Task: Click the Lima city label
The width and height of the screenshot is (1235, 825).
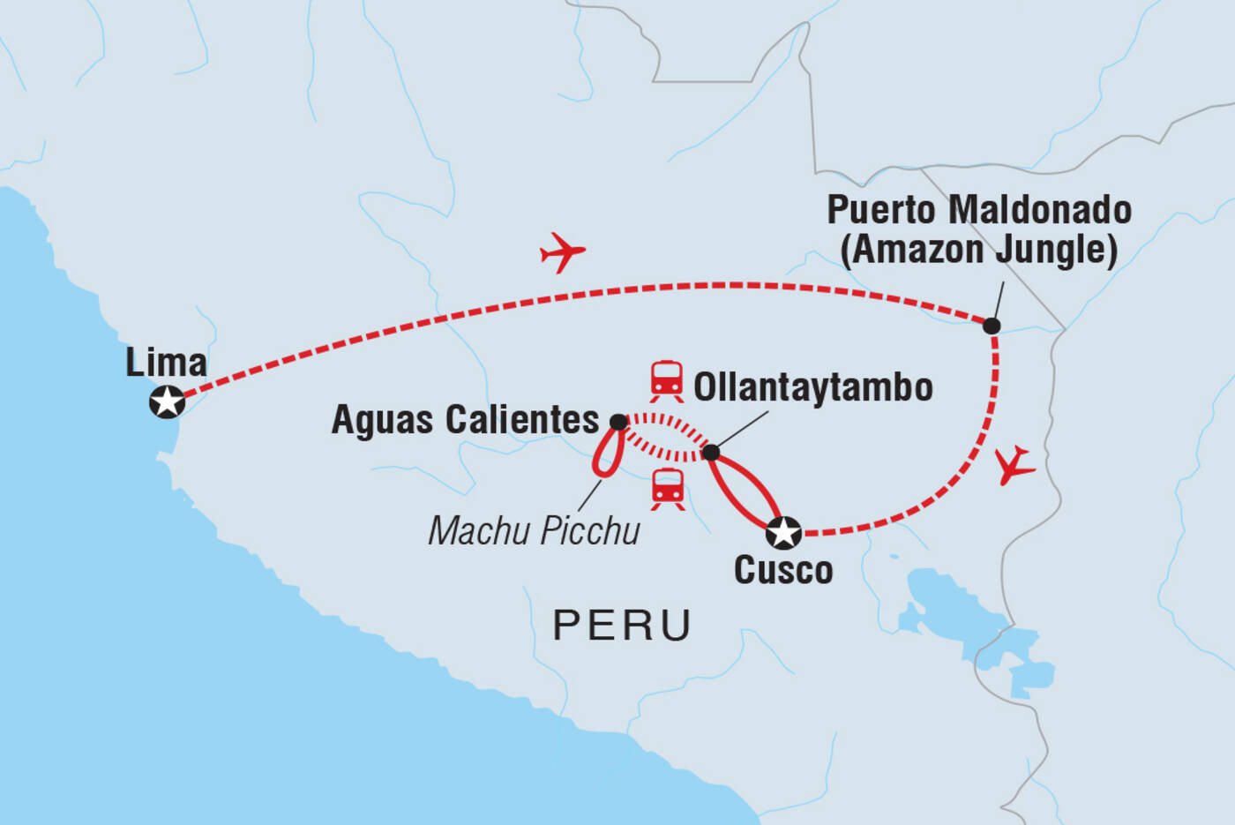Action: [x=166, y=363]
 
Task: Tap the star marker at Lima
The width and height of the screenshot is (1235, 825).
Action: [x=167, y=402]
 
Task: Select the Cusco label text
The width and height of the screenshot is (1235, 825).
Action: [x=783, y=570]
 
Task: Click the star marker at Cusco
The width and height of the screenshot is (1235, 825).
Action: [x=783, y=533]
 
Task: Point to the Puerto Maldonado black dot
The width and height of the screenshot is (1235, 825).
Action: [x=992, y=326]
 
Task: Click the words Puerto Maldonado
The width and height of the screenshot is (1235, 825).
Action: [x=979, y=210]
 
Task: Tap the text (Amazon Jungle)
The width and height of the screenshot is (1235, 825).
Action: [x=979, y=250]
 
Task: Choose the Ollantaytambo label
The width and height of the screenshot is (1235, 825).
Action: [x=812, y=387]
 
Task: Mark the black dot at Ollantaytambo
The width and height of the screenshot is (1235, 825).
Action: [x=711, y=453]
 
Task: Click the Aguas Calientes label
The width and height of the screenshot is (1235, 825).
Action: [x=465, y=420]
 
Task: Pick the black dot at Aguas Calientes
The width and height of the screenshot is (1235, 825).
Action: [x=618, y=422]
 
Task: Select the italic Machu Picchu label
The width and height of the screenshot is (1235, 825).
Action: [x=534, y=531]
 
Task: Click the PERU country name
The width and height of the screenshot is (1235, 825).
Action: [x=622, y=626]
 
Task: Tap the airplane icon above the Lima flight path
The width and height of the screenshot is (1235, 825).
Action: [x=562, y=252]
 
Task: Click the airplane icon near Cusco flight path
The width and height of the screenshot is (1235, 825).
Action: [x=1014, y=465]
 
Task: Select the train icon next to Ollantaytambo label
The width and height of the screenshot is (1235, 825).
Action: [x=667, y=381]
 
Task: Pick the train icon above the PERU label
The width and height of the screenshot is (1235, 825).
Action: [x=667, y=490]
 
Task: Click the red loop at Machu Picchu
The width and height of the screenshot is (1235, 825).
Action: [x=608, y=454]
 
